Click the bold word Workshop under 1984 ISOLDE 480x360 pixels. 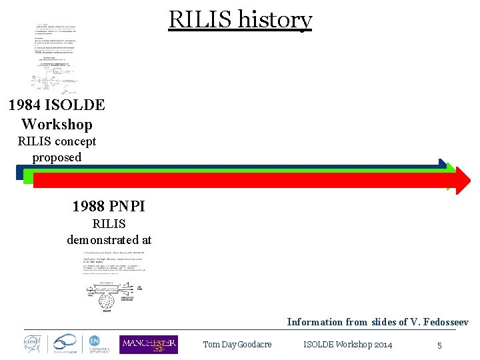click(x=57, y=124)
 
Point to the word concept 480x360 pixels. click(x=76, y=141)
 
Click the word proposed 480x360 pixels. click(x=57, y=157)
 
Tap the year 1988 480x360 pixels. click(x=91, y=206)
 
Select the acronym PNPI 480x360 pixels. click(x=128, y=206)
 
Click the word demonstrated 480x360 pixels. click(x=100, y=239)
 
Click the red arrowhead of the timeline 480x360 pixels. click(x=460, y=180)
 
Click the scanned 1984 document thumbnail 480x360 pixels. click(x=57, y=59)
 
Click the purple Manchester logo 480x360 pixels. click(x=149, y=344)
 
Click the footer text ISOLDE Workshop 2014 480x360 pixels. click(x=347, y=345)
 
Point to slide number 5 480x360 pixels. click(x=439, y=345)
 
